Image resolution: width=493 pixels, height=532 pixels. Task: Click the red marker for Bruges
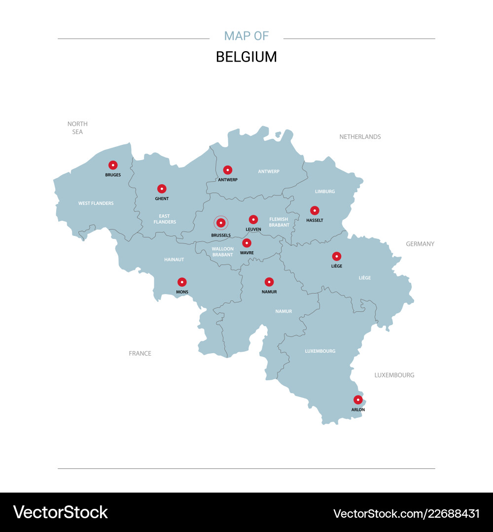click(x=113, y=165)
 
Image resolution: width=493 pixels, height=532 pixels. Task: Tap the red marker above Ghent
click(x=162, y=189)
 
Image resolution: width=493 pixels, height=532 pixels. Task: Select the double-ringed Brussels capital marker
click(x=221, y=223)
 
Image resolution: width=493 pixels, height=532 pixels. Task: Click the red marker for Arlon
click(x=358, y=399)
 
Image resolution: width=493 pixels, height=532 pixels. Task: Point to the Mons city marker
click(x=182, y=282)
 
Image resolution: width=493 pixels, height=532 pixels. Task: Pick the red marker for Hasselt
click(x=315, y=210)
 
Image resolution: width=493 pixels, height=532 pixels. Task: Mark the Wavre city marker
click(x=247, y=243)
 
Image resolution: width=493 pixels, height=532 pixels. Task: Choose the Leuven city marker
click(x=253, y=219)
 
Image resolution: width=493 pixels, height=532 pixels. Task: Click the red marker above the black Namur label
click(x=269, y=282)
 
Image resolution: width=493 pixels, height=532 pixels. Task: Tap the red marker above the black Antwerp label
click(x=228, y=170)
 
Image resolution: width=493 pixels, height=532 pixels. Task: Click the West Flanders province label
click(x=96, y=203)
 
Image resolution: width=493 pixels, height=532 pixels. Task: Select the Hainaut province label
click(x=174, y=260)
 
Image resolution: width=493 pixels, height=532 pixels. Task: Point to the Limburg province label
click(x=325, y=192)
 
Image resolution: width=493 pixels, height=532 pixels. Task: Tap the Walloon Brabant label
click(x=223, y=252)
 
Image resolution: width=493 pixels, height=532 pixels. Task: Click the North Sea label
click(x=77, y=128)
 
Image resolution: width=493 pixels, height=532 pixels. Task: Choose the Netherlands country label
click(x=360, y=137)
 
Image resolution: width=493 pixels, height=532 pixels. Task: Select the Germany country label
click(x=420, y=244)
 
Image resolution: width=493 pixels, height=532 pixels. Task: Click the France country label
click(x=140, y=354)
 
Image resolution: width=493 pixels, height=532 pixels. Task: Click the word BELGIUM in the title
click(x=246, y=57)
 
